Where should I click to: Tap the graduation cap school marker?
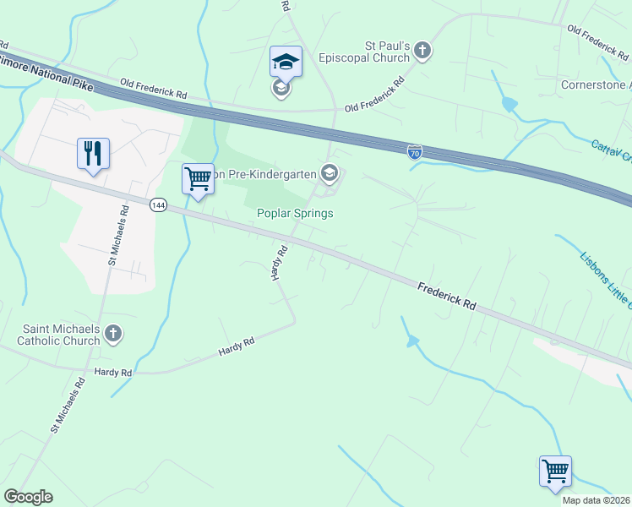coord(286,62)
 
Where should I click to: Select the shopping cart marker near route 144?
coord(198,179)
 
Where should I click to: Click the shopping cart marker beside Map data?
coord(555,471)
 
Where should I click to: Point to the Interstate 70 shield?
coord(414,152)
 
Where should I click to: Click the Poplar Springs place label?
coord(295,214)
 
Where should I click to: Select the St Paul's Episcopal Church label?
coord(364,52)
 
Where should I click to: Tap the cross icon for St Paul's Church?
coord(423,52)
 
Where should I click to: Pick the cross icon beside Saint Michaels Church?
coord(114,335)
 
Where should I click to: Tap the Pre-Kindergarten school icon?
coord(330,174)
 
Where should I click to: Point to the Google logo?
coord(28,497)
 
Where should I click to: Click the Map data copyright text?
coord(596,500)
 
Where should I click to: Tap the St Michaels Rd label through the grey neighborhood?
coord(116,236)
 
